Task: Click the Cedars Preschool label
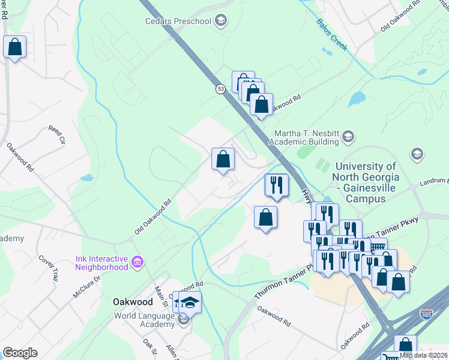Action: click(178, 22)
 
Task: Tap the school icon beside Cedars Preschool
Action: click(221, 22)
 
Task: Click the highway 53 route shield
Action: click(221, 89)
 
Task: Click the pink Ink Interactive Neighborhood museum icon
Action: click(137, 262)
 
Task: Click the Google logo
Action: click(20, 353)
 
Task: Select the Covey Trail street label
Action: click(48, 267)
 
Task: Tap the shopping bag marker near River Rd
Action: click(14, 46)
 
